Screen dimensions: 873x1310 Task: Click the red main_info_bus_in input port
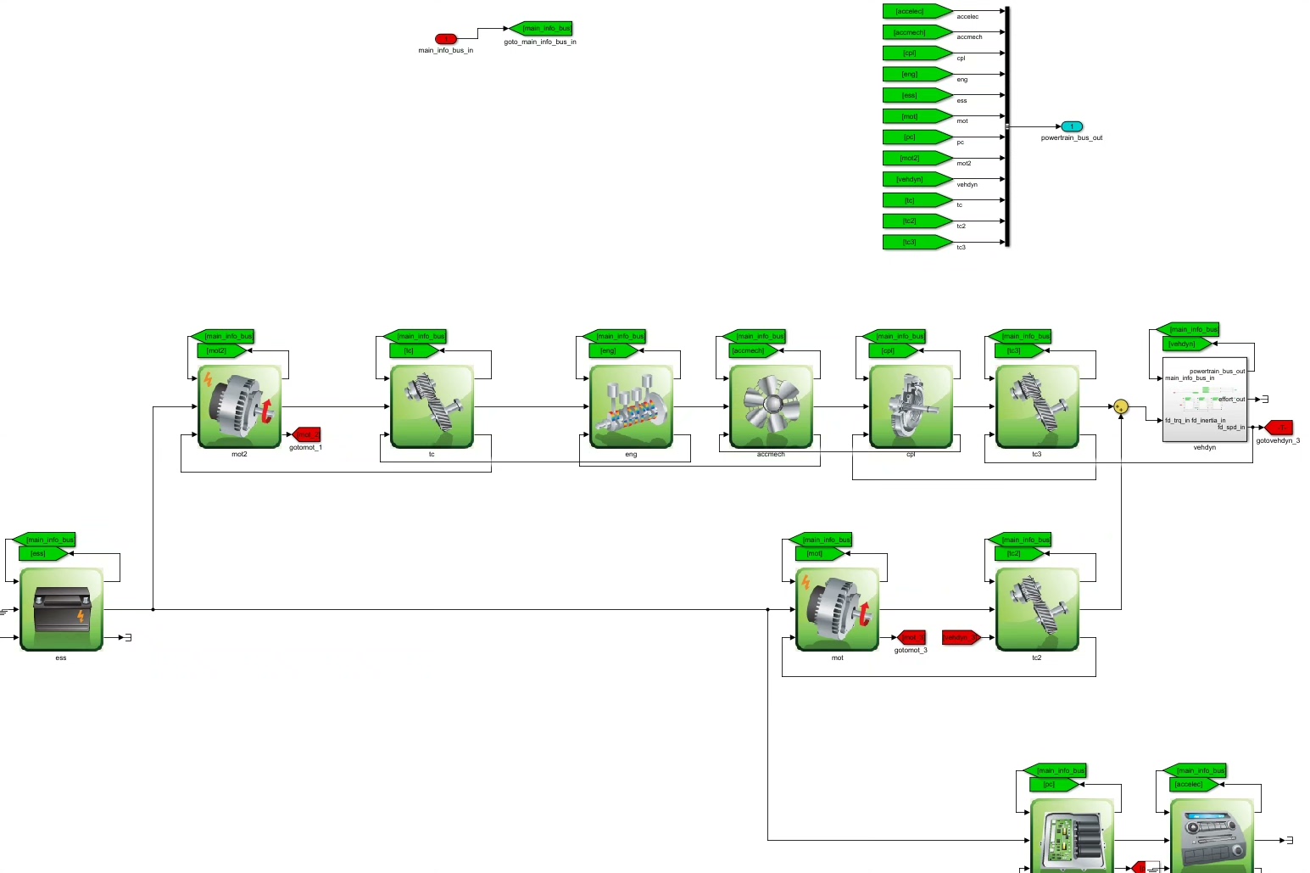tap(445, 39)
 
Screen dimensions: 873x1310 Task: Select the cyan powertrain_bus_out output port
tap(1072, 126)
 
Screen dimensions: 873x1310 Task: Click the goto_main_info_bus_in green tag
tap(541, 28)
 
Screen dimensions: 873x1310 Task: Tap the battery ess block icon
tap(61, 609)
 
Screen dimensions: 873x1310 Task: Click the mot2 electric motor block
tap(240, 406)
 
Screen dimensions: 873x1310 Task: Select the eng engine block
tap(631, 406)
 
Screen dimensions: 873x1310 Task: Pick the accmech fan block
tap(771, 406)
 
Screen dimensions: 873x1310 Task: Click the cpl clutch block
tap(911, 406)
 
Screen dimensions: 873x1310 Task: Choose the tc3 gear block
tap(1037, 406)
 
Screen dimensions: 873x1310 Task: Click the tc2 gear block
tap(1037, 609)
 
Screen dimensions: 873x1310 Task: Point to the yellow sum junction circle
tap(1121, 406)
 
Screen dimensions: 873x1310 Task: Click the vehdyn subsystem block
tap(1204, 400)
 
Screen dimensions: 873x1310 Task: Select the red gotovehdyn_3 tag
tap(1278, 428)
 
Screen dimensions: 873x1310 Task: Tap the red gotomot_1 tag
tap(306, 434)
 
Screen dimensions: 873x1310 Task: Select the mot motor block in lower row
tap(838, 609)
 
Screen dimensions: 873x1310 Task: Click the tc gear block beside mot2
tap(432, 406)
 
